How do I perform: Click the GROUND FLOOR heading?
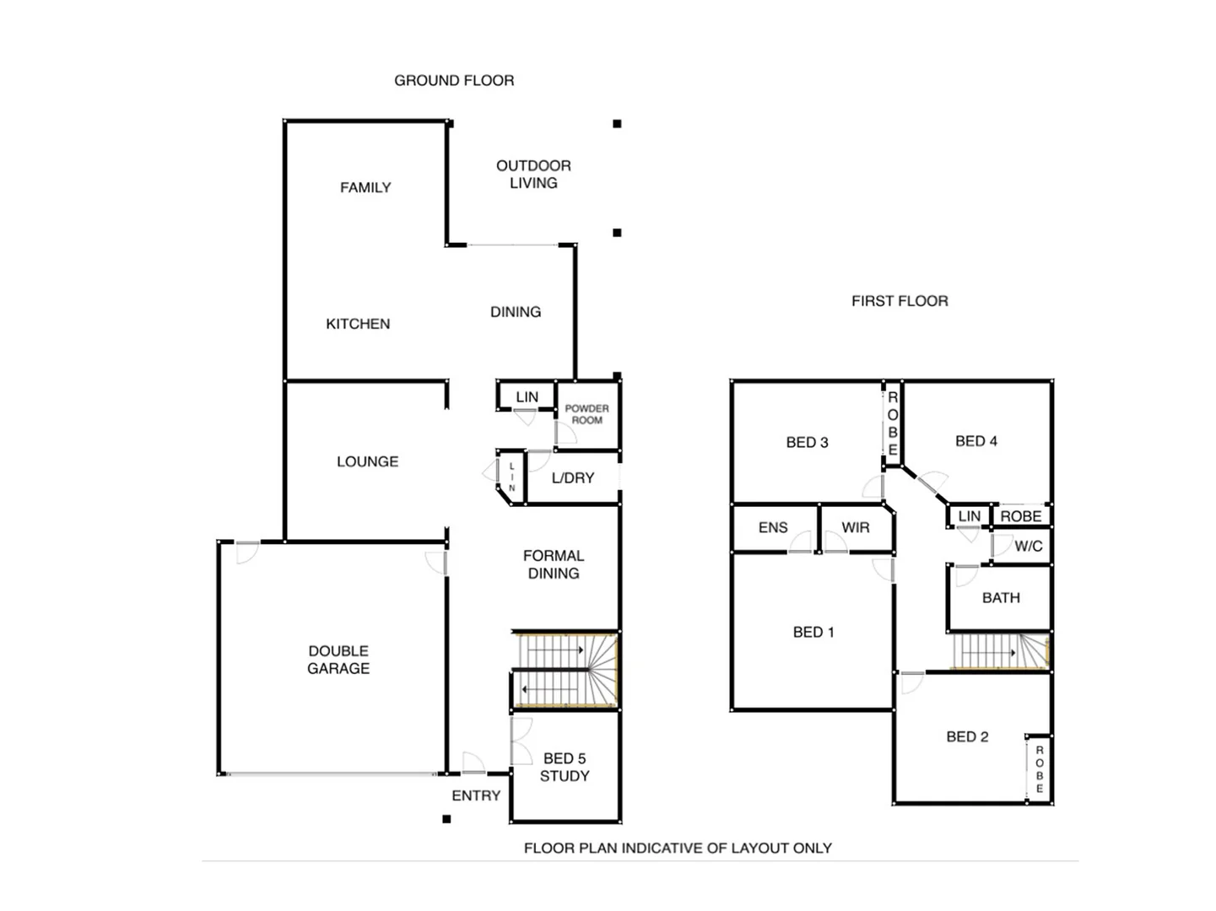(454, 80)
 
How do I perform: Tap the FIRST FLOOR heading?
(900, 301)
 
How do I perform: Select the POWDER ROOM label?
(586, 414)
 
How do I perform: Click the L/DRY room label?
(573, 478)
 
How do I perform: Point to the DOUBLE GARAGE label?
(338, 660)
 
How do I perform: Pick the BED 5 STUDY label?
(565, 768)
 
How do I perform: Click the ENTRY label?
(476, 795)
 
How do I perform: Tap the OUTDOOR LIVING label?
(533, 175)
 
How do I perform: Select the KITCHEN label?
(358, 324)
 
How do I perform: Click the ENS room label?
(773, 528)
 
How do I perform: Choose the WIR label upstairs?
(855, 528)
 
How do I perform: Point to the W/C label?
(1028, 547)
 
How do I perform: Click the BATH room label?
(1001, 598)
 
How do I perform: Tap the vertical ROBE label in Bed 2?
(1040, 769)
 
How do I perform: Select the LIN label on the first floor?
(970, 516)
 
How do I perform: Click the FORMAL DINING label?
(554, 564)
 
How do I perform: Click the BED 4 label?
(976, 441)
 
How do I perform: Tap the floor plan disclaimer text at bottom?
(678, 848)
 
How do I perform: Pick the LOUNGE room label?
(367, 461)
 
